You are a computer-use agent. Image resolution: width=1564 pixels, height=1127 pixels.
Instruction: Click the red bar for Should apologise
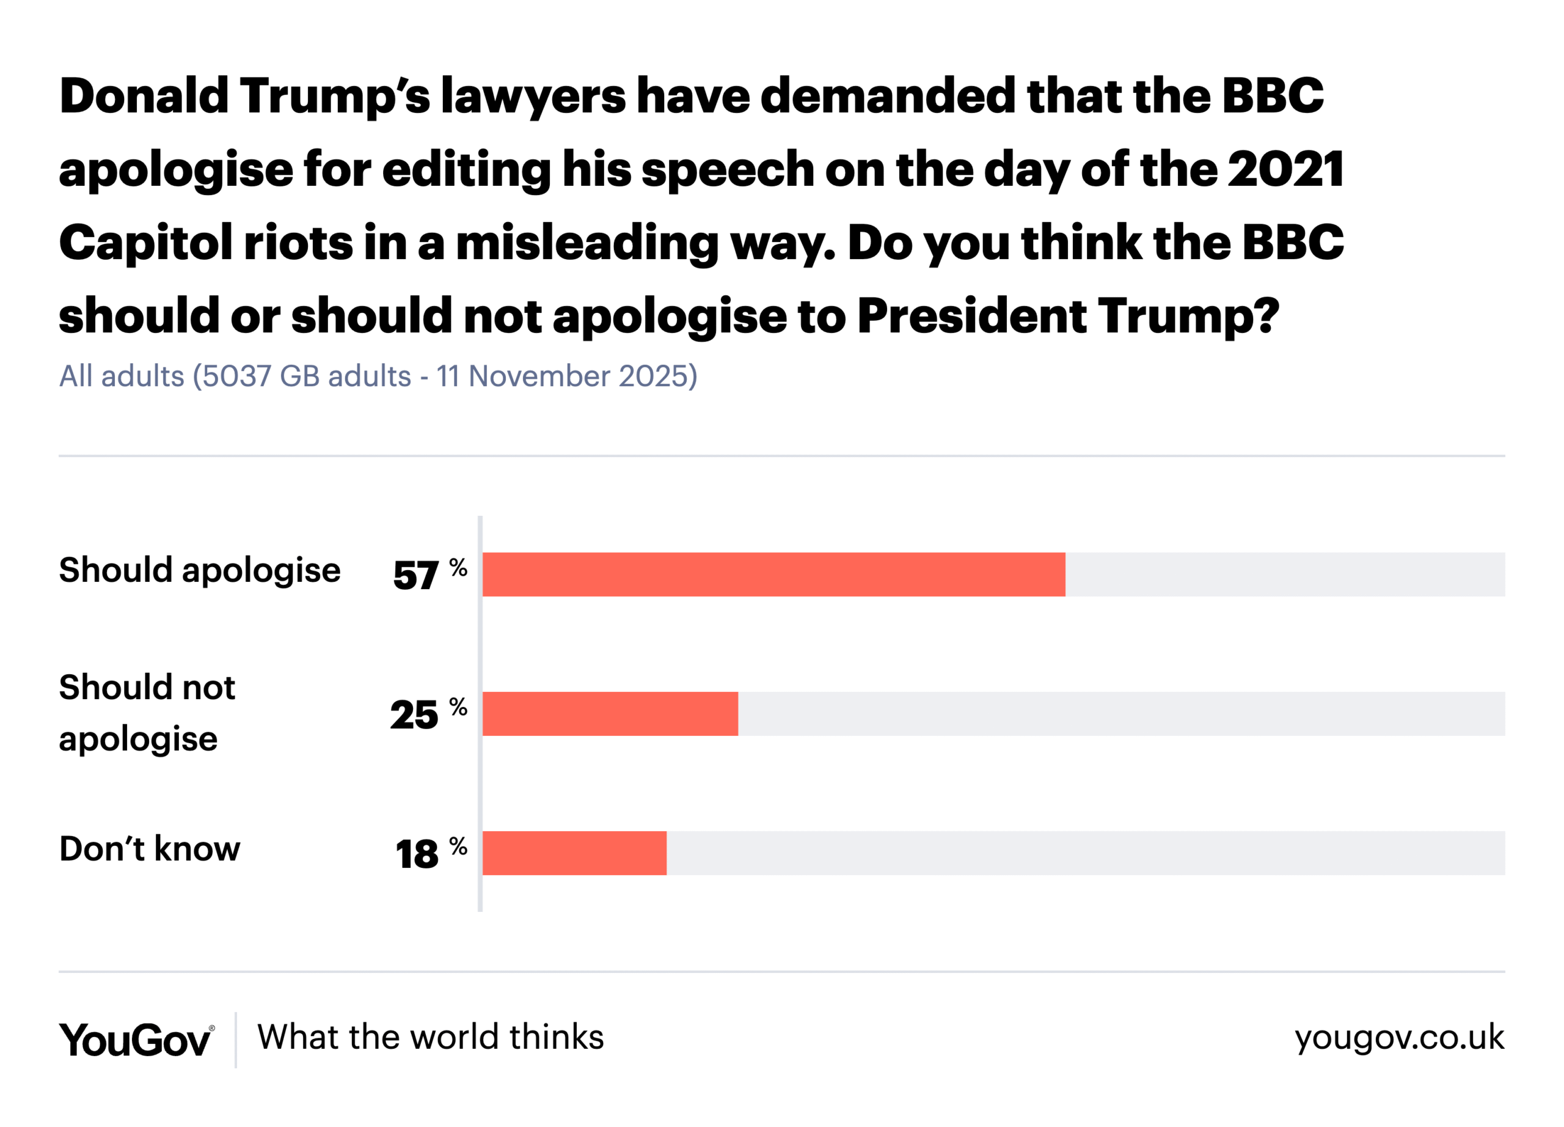click(x=773, y=574)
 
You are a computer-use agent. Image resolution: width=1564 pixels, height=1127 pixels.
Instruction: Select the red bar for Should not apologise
click(x=610, y=713)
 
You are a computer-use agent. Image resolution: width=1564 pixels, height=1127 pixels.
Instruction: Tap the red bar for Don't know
click(x=574, y=853)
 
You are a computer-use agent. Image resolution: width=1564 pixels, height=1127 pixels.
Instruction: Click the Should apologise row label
click(x=199, y=570)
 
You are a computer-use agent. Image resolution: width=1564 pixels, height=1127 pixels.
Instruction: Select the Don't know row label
click(x=150, y=848)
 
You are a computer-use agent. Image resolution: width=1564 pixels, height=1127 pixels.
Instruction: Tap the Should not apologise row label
click(x=147, y=713)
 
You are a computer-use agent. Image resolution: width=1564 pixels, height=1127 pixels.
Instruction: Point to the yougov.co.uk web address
click(x=1398, y=1037)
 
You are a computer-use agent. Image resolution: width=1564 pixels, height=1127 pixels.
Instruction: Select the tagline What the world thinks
click(x=430, y=1037)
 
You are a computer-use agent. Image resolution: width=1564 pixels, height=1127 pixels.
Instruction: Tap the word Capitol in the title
click(x=146, y=243)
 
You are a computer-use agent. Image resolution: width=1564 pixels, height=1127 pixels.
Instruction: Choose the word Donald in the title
click(x=144, y=95)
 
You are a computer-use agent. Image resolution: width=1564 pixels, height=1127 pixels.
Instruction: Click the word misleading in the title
click(x=587, y=243)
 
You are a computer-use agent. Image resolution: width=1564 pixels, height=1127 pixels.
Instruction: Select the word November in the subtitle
click(x=539, y=376)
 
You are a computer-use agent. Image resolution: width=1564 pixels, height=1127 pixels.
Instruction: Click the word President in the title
click(x=971, y=316)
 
